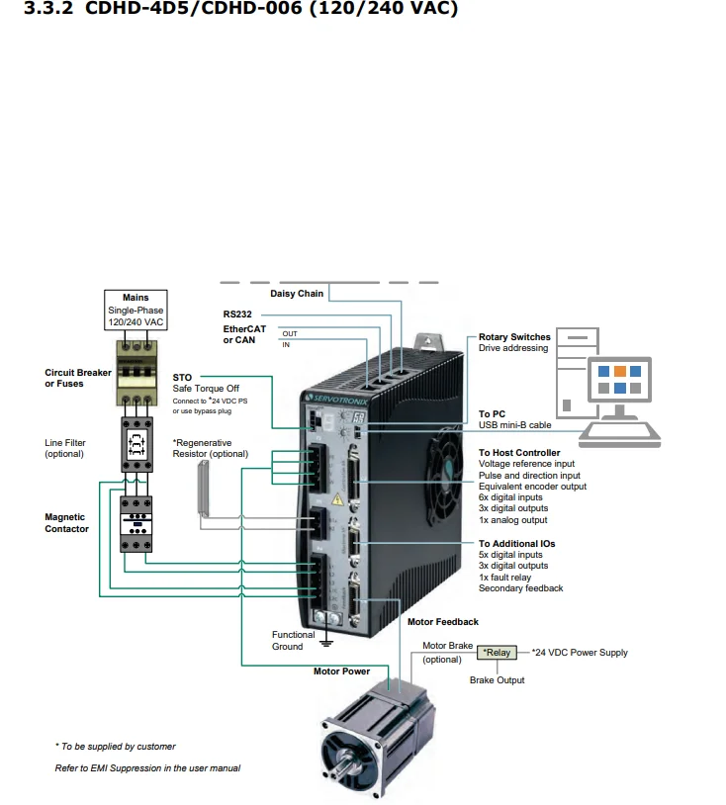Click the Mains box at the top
(136, 311)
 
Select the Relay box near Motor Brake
(497, 652)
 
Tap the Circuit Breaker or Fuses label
(77, 378)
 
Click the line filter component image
(136, 444)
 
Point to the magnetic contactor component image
(136, 524)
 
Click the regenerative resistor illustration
(204, 489)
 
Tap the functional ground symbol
(326, 642)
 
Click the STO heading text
(182, 378)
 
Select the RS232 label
(237, 314)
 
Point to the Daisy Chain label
(297, 293)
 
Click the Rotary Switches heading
(514, 337)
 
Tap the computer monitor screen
(620, 379)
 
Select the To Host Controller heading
(519, 452)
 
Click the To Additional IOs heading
(516, 543)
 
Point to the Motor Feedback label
(442, 622)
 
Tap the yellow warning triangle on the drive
(337, 498)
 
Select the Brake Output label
(497, 679)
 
